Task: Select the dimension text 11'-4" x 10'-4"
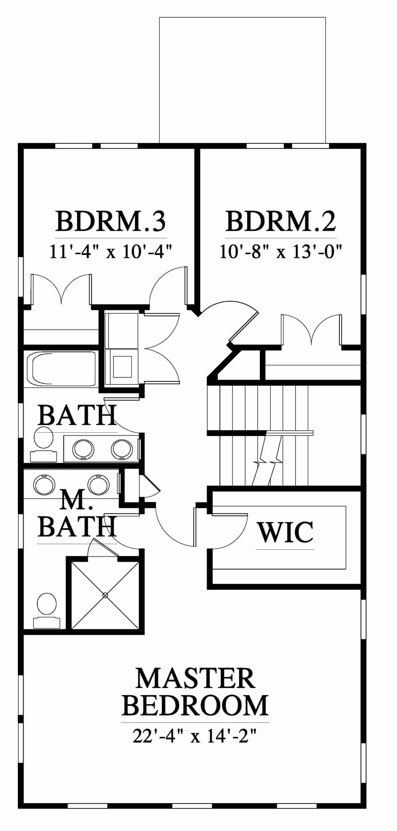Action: point(110,252)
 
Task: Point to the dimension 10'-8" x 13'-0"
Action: point(281,252)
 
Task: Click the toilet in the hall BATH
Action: point(43,444)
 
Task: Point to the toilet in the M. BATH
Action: point(47,611)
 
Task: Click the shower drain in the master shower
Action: point(105,595)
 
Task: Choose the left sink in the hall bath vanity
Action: point(83,449)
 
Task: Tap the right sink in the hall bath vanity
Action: point(122,449)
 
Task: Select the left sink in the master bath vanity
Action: point(44,485)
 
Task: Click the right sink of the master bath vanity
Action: point(98,485)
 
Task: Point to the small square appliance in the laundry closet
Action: point(122,367)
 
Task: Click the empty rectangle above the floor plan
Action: point(242,80)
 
